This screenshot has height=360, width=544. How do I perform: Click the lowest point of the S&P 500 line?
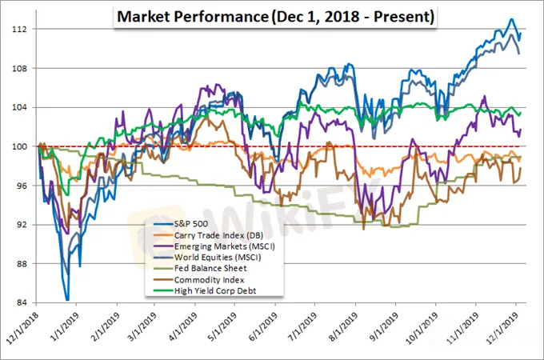pos(67,299)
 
